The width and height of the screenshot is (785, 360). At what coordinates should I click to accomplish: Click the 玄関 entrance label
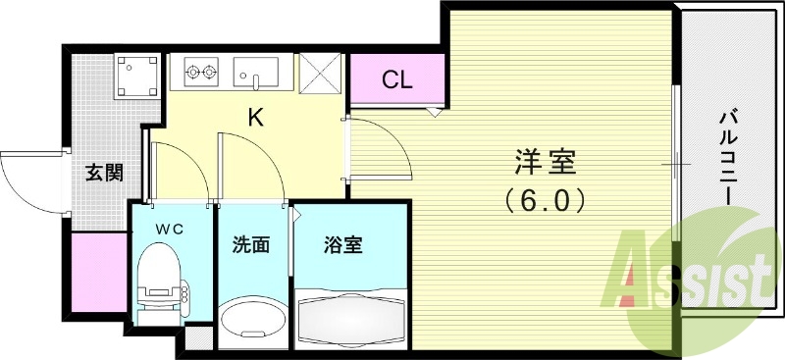[x=103, y=174]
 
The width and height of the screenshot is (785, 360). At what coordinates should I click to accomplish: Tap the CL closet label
[x=397, y=80]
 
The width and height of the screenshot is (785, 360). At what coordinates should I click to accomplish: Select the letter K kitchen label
[x=255, y=118]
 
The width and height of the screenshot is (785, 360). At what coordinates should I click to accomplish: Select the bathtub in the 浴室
[x=351, y=317]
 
